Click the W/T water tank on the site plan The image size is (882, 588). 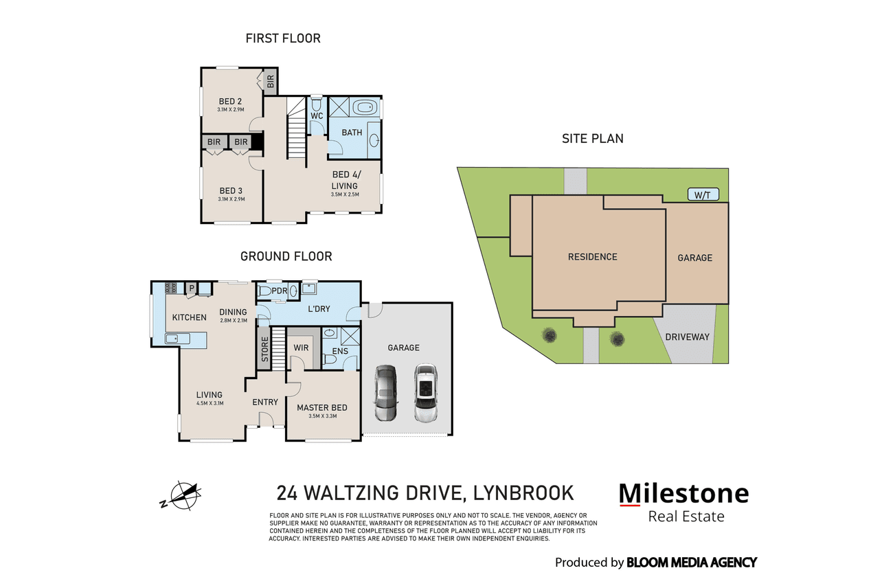coord(703,194)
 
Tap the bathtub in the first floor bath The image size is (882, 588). coord(365,107)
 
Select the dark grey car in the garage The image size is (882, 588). coord(385,393)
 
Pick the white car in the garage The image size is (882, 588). coord(426,393)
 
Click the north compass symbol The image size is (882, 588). coord(182,496)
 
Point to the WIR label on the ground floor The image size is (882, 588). coord(302,348)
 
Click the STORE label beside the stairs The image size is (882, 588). coord(265,350)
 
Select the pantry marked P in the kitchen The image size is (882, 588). coord(192,289)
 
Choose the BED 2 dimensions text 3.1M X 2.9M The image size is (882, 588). coord(231,110)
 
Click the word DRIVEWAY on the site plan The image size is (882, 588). coord(687,337)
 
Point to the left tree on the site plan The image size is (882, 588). coord(549,335)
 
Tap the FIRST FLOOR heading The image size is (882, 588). coord(283,38)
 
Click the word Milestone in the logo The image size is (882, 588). coord(684,493)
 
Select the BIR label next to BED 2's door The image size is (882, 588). coord(271,82)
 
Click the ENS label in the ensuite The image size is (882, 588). coord(340,351)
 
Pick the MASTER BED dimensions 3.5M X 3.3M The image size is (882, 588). coord(323,416)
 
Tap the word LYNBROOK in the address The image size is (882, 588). coord(523,493)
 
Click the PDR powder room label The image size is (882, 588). coord(280,291)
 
